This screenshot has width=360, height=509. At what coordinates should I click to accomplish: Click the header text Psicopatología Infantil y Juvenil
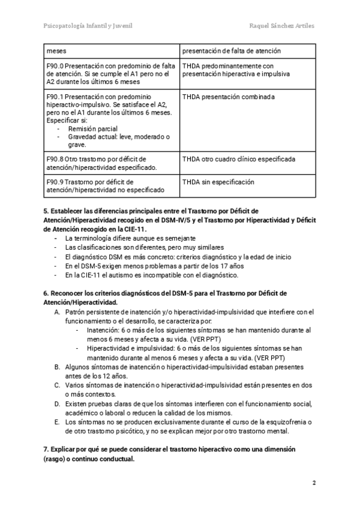pyautogui.click(x=88, y=26)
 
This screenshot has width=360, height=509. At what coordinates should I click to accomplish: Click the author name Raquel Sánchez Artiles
pyautogui.click(x=281, y=26)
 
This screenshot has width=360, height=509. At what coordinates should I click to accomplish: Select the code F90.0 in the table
pyautogui.click(x=55, y=66)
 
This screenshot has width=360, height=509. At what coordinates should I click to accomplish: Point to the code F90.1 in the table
pyautogui.click(x=55, y=97)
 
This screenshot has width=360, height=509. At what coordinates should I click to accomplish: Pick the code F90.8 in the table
pyautogui.click(x=55, y=160)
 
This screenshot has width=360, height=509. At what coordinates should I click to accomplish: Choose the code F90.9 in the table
pyautogui.click(x=55, y=182)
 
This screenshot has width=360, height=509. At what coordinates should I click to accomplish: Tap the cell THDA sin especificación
pyautogui.click(x=218, y=182)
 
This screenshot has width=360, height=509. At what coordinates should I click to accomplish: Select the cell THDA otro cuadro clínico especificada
pyautogui.click(x=238, y=160)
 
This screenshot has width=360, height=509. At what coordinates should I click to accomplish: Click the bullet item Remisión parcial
pyautogui.click(x=92, y=129)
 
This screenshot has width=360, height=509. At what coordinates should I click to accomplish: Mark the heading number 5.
pyautogui.click(x=46, y=211)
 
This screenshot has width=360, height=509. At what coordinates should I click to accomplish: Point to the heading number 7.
pyautogui.click(x=46, y=449)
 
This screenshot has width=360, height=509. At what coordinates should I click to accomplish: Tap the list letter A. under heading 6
pyautogui.click(x=57, y=312)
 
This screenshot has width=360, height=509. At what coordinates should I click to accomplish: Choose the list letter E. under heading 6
pyautogui.click(x=57, y=422)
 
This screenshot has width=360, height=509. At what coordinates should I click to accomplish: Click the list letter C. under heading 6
pyautogui.click(x=57, y=385)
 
